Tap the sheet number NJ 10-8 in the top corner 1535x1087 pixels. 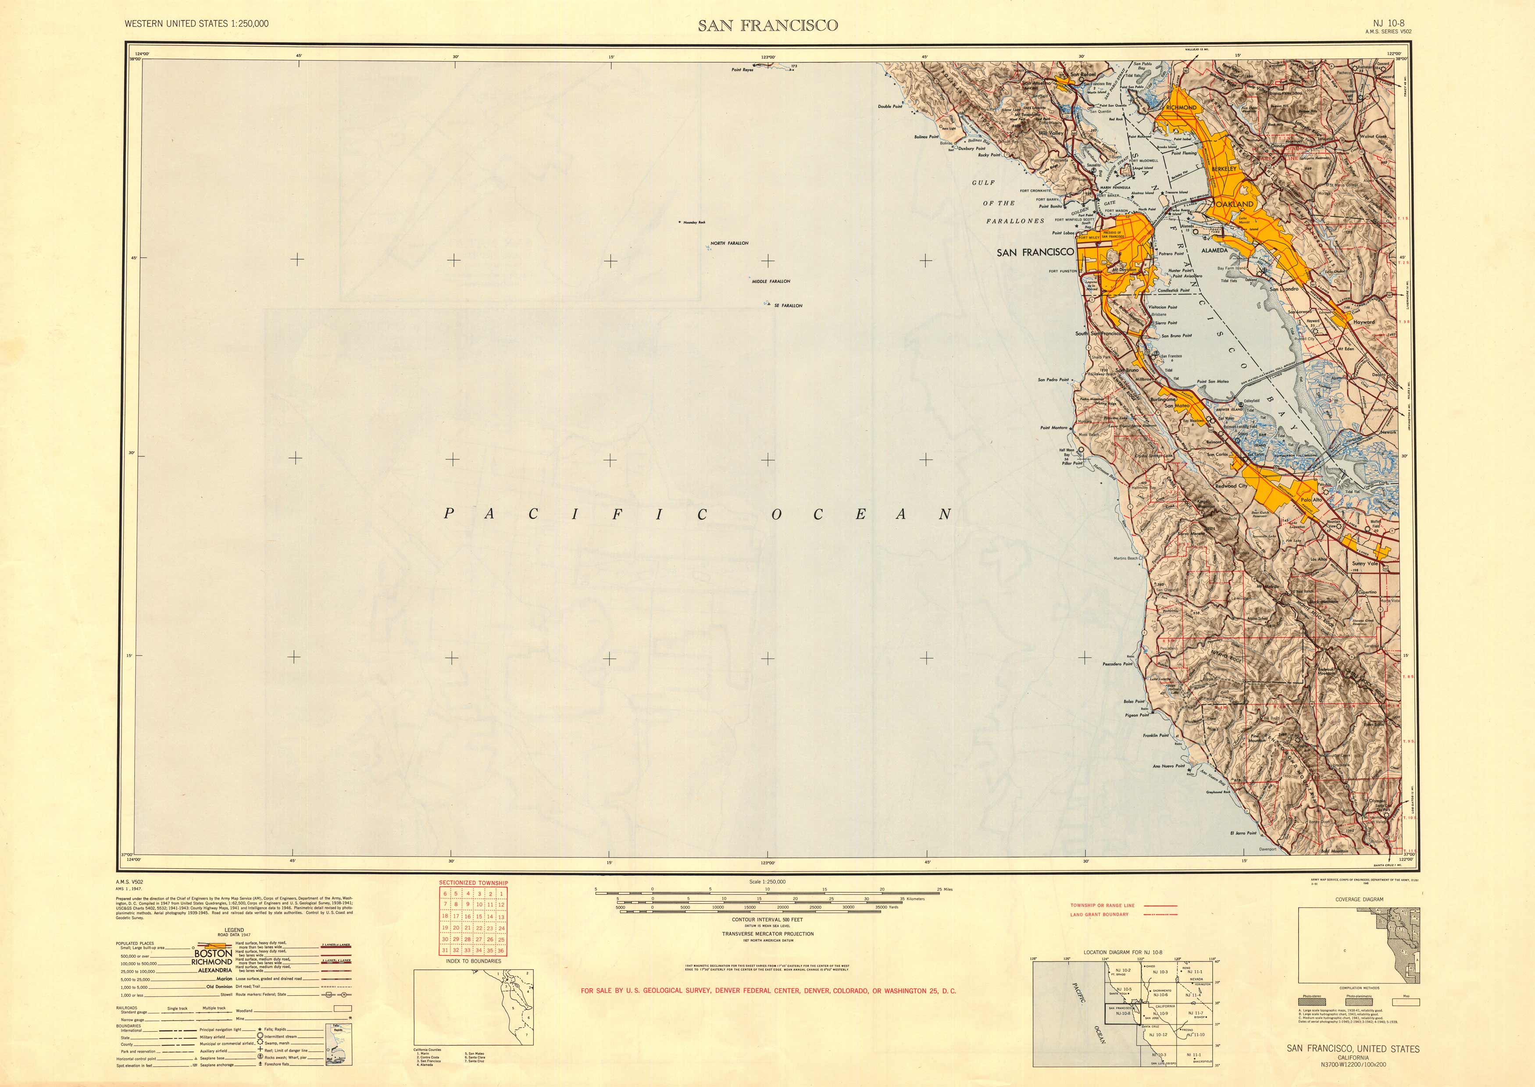tap(1383, 23)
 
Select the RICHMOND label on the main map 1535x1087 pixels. tap(1181, 107)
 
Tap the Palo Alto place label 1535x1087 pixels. tap(1311, 500)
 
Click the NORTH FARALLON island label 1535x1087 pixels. tap(729, 243)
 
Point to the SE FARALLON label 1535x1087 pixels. tap(788, 305)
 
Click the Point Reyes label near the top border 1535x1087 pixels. tap(743, 70)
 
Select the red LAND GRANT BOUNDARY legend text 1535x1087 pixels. tap(1099, 914)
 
